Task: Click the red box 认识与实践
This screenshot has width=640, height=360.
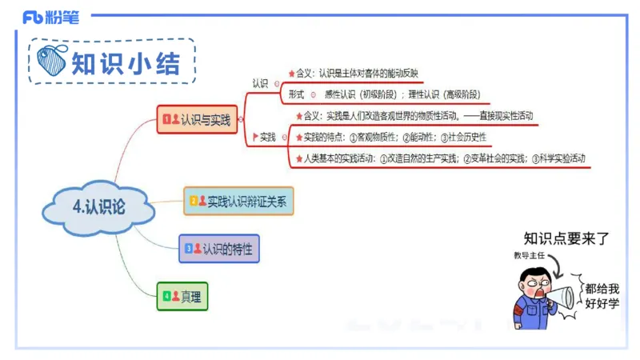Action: pos(198,120)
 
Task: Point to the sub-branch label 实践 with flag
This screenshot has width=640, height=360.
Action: pos(264,137)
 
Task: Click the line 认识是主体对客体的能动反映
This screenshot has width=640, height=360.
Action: pos(368,74)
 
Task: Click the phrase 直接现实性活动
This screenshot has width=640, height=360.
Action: pos(503,116)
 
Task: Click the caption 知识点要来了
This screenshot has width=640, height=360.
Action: pos(566,238)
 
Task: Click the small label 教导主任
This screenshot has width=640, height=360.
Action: pos(529,256)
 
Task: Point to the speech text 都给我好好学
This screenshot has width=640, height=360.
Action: pos(602,295)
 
